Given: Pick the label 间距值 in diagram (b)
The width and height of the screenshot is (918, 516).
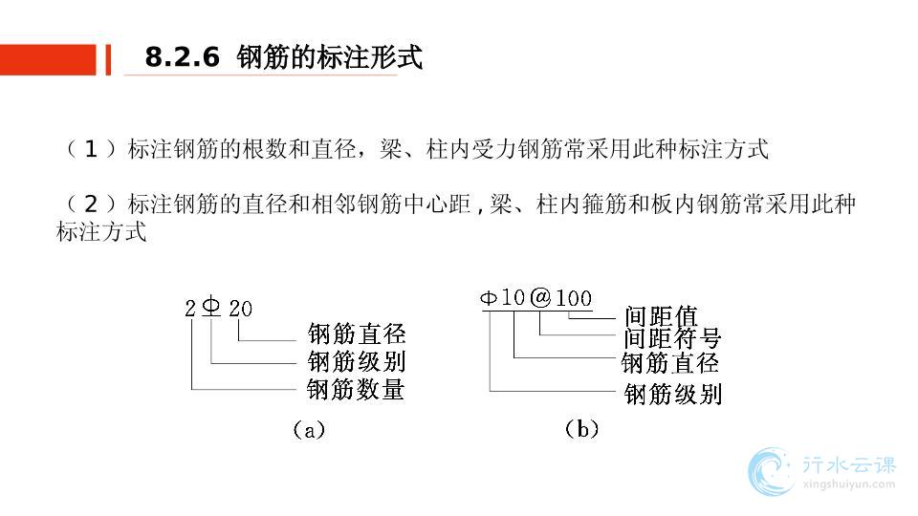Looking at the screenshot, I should click(661, 315).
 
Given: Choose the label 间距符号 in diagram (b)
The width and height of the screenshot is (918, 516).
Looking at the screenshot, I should click(671, 338).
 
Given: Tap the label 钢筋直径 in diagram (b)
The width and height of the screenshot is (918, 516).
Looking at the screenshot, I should click(669, 363).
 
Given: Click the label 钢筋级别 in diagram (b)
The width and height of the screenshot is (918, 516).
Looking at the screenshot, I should click(672, 394).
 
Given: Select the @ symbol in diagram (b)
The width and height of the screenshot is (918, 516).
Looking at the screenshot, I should click(540, 297).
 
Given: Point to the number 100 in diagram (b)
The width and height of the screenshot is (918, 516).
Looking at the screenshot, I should click(574, 298).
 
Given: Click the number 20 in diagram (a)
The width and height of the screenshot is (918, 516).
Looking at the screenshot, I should click(242, 309).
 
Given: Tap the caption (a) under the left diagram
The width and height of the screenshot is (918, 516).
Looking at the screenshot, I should click(308, 430).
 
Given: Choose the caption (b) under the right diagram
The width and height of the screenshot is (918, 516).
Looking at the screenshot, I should click(581, 429).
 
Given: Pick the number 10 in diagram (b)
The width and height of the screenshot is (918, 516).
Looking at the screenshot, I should click(514, 297).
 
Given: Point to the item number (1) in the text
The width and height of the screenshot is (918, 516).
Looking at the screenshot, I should click(91, 149).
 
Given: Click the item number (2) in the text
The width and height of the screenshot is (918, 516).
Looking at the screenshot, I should click(91, 204).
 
